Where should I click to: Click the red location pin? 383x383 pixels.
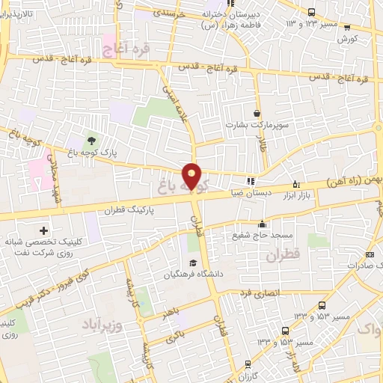click(x=192, y=177)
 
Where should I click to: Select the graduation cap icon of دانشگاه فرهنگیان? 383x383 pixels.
click(x=194, y=263)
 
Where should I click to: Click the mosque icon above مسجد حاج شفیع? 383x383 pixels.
click(x=262, y=224)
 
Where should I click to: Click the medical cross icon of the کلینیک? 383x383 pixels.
click(x=43, y=230)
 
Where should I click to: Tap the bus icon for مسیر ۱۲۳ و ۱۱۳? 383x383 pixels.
click(x=312, y=11)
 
